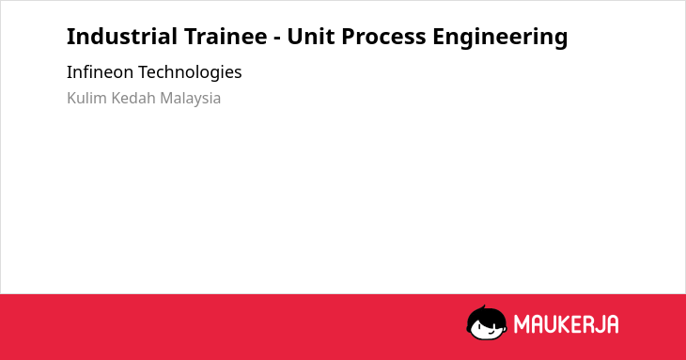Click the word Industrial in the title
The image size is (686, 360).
[121, 37]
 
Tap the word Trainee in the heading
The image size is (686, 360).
[226, 37]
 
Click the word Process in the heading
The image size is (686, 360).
[383, 37]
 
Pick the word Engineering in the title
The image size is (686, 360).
[500, 38]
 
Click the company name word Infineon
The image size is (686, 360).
[100, 71]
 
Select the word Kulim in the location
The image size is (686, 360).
[86, 98]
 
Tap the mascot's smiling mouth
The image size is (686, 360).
[491, 332]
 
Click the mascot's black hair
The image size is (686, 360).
[486, 316]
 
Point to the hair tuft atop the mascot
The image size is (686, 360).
[483, 307]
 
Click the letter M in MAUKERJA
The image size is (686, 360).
[522, 324]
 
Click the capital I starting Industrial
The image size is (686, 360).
[70, 37]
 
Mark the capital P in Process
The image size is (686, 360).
[349, 37]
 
